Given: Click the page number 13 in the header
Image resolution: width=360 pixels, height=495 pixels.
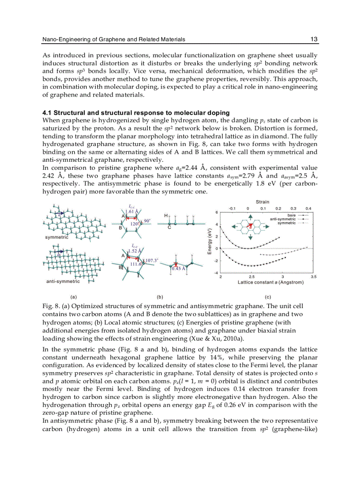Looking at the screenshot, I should coord(314,40).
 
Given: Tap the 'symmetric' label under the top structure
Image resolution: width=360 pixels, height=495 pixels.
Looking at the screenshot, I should coord(56,237).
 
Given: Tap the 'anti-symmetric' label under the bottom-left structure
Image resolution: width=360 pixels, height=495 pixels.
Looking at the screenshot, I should coord(63,281).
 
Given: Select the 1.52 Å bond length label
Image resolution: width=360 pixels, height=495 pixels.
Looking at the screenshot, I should coord(135,251).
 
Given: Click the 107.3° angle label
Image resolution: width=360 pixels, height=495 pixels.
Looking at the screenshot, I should coord(152,261).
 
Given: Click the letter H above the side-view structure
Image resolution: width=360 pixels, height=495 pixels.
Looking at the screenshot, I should coord(165,216).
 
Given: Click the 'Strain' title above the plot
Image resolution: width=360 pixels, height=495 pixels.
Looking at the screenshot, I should coord(263,202).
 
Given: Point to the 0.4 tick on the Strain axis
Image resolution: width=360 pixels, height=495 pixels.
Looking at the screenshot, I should coord(308,208).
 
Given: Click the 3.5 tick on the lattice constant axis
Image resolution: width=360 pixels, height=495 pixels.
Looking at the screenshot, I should coord(313,277).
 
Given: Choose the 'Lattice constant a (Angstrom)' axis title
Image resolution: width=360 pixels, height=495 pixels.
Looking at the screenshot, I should coord(270,282).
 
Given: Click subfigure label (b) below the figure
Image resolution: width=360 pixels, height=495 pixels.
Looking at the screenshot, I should coord(161,298).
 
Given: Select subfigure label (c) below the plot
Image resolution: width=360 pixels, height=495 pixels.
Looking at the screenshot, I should coord(268,298).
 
